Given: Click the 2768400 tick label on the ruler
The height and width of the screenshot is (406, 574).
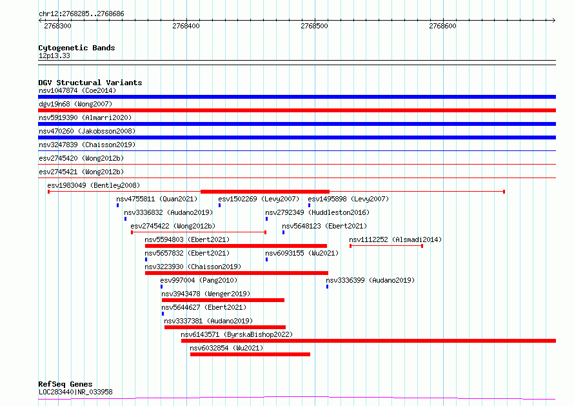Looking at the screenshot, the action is coord(186,26).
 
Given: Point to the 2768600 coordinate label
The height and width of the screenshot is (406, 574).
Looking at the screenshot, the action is coord(442,26).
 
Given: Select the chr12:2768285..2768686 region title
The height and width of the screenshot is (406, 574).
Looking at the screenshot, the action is coord(81,14).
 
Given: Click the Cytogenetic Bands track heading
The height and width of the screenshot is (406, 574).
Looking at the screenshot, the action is coord(77,48).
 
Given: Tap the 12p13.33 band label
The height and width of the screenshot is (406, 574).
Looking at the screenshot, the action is coord(54,56).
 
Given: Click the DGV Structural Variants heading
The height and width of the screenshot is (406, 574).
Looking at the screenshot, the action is coord(90,83).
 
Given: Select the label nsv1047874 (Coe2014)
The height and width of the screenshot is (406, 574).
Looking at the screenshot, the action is coord(77,90).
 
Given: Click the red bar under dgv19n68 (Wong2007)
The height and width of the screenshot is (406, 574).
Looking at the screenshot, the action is coord(297,110).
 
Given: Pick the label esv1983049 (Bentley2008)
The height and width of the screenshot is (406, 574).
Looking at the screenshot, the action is coord(94,185).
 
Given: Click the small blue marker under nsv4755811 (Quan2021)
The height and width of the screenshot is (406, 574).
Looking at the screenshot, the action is coord(118,205).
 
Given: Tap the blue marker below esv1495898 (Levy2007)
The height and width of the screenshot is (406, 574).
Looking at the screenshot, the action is coord(310,205).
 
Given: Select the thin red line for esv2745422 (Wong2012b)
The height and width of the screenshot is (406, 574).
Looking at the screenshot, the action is coord(199,232).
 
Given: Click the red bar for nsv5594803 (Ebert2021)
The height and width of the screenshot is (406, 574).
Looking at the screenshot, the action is coord(236,246).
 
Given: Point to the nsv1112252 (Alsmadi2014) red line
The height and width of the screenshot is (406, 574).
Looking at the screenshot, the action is coord(386,246).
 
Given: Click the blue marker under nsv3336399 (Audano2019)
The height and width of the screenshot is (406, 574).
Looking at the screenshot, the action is coord(327,287).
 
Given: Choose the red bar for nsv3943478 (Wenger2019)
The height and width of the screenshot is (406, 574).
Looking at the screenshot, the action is coord(223,300).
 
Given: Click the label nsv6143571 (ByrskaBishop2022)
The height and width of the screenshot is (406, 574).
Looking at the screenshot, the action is coord(237,334).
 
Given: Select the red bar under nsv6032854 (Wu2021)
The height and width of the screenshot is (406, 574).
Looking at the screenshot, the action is coord(250,354).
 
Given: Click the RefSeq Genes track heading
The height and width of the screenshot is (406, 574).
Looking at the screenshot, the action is coord(65,384).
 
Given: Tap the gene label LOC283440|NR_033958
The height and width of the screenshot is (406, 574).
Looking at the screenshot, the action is coord(75,392).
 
